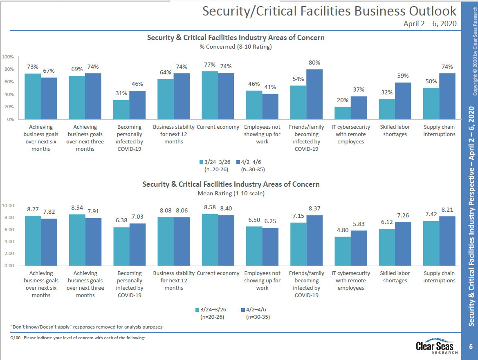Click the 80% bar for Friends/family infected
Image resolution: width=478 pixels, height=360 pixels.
coord(314,94)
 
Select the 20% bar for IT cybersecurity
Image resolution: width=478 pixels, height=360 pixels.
coord(342,113)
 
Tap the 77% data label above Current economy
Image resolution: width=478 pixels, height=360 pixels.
coord(210,65)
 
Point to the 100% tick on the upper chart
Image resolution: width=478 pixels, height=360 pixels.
coord(8,57)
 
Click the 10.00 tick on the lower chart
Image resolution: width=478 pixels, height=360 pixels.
coord(8,206)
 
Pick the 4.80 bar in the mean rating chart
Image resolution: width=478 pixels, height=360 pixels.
coord(342,251)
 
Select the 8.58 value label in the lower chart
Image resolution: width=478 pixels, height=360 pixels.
coord(210,208)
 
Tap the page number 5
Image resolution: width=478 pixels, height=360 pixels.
coord(471,347)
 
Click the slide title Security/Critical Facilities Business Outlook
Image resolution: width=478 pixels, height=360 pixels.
coord(329,11)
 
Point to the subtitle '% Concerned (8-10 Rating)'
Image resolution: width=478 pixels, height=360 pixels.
coord(236,47)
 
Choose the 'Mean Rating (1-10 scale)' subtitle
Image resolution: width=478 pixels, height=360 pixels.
coord(231,193)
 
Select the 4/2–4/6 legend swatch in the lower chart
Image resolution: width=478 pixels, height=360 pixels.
coord(242,309)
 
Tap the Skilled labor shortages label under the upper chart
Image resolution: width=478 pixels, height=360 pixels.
coord(395,130)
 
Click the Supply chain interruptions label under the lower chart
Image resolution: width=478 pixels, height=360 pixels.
coord(439,277)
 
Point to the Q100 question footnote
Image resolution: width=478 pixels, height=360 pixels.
coord(78,338)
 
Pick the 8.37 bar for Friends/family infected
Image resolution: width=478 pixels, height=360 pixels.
coord(314,240)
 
